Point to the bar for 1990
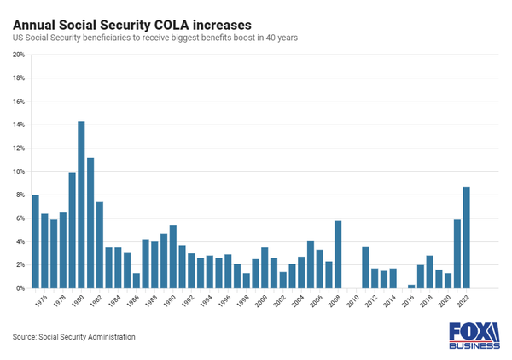[x=173, y=257]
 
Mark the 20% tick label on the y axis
[x=18, y=55]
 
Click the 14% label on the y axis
[x=18, y=125]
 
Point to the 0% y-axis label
[x=20, y=288]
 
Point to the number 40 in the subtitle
[x=271, y=39]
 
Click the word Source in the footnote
[x=26, y=337]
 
